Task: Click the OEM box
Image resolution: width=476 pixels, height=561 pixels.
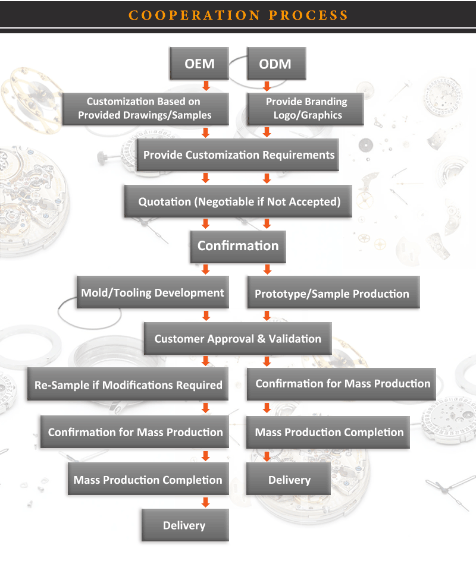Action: click(199, 64)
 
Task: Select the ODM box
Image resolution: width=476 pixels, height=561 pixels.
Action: click(275, 64)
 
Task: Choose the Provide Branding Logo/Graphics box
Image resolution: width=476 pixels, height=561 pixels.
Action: click(306, 108)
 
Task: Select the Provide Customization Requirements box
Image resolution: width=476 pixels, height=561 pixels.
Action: click(238, 155)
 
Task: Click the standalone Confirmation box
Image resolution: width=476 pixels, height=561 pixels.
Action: click(238, 245)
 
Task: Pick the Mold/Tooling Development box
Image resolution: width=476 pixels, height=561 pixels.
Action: click(153, 292)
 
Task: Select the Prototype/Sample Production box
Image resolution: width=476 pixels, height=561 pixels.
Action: click(332, 294)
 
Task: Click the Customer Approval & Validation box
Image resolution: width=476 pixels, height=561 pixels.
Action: click(237, 339)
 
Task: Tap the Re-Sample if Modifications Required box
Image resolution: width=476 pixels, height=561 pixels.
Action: click(128, 384)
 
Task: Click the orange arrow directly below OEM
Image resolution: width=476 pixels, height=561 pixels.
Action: click(206, 84)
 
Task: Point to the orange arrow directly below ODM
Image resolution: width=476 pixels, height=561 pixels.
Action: click(267, 85)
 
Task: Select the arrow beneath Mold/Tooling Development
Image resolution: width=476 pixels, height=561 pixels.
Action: click(206, 315)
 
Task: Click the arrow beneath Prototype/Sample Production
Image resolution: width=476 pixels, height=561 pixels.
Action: click(267, 315)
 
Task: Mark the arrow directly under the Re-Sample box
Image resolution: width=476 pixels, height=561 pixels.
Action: click(206, 408)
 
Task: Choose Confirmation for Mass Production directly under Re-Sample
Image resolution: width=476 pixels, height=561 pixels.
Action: click(135, 432)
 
